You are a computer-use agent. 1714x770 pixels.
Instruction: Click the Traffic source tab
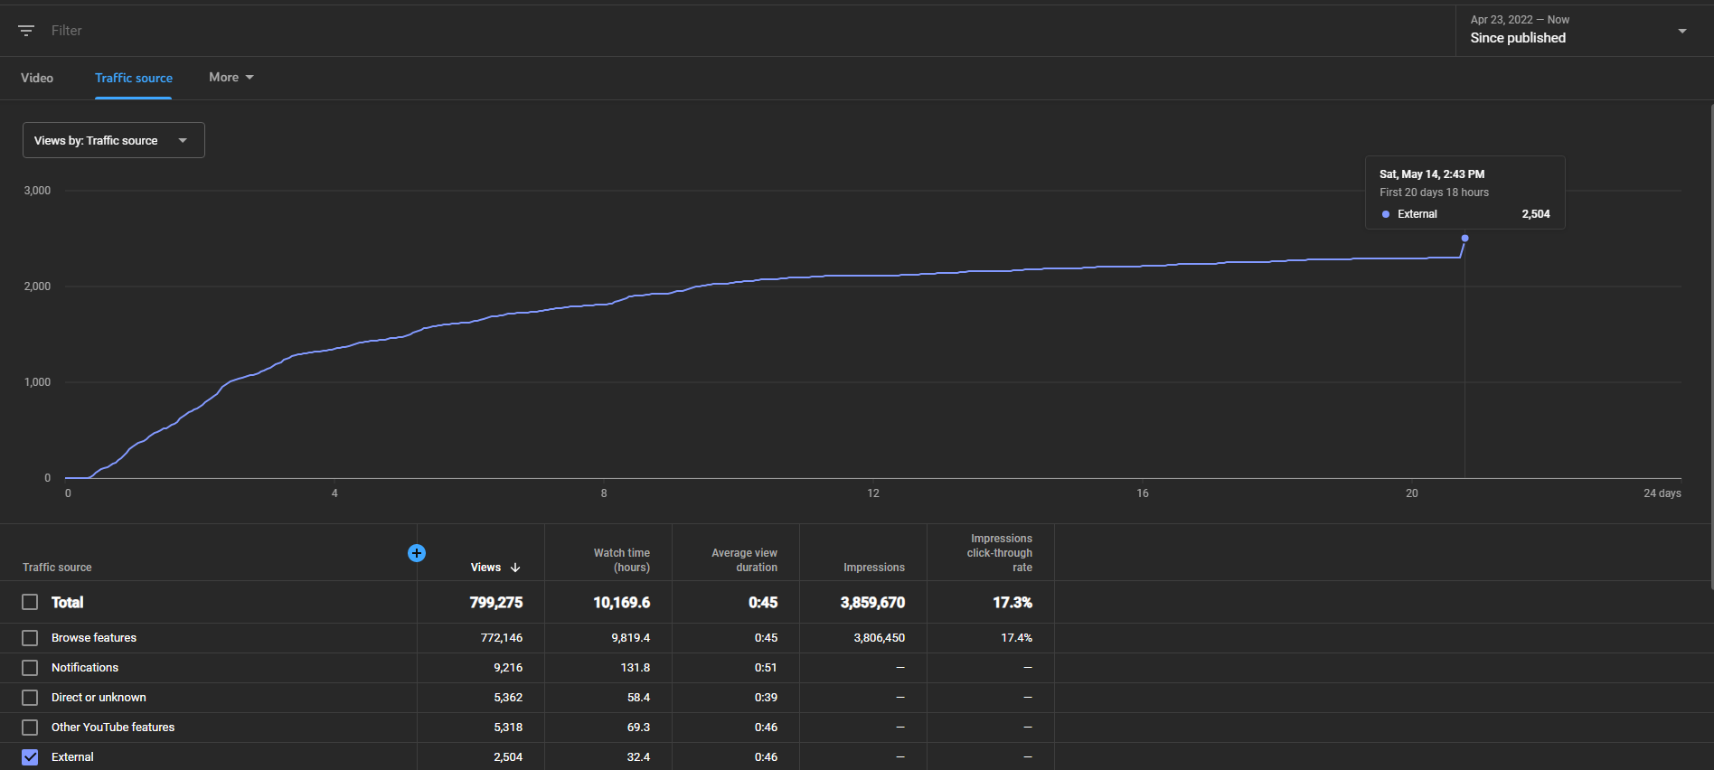pyautogui.click(x=134, y=78)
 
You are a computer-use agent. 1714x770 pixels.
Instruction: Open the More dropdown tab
pyautogui.click(x=231, y=78)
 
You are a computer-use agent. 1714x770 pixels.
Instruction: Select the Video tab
pyautogui.click(x=37, y=78)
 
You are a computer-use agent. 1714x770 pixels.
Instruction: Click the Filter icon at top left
pyautogui.click(x=26, y=31)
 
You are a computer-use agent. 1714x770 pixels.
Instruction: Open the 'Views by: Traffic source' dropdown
pyautogui.click(x=114, y=140)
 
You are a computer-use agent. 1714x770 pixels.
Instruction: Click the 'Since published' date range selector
pyautogui.click(x=1577, y=30)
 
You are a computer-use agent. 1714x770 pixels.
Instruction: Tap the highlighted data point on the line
pyautogui.click(x=1464, y=239)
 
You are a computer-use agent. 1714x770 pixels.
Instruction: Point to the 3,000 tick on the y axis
pyautogui.click(x=37, y=191)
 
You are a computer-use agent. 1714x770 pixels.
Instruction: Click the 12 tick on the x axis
pyautogui.click(x=873, y=493)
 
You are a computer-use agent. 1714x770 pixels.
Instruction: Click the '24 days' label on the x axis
pyautogui.click(x=1662, y=493)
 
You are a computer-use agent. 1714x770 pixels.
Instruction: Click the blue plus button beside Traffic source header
pyautogui.click(x=417, y=553)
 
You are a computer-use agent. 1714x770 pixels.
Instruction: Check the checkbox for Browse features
pyautogui.click(x=30, y=638)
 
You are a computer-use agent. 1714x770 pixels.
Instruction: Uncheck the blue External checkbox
pyautogui.click(x=30, y=757)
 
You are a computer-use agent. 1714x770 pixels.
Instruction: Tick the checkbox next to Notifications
pyautogui.click(x=30, y=668)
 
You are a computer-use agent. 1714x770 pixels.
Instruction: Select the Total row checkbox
pyautogui.click(x=30, y=602)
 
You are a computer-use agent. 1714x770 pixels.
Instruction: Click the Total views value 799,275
pyautogui.click(x=496, y=603)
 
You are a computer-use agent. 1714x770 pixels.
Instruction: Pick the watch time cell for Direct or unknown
pyautogui.click(x=638, y=698)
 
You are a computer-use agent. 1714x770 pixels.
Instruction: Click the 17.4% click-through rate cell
pyautogui.click(x=1016, y=638)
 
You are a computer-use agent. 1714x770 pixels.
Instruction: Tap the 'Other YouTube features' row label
pyautogui.click(x=113, y=728)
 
